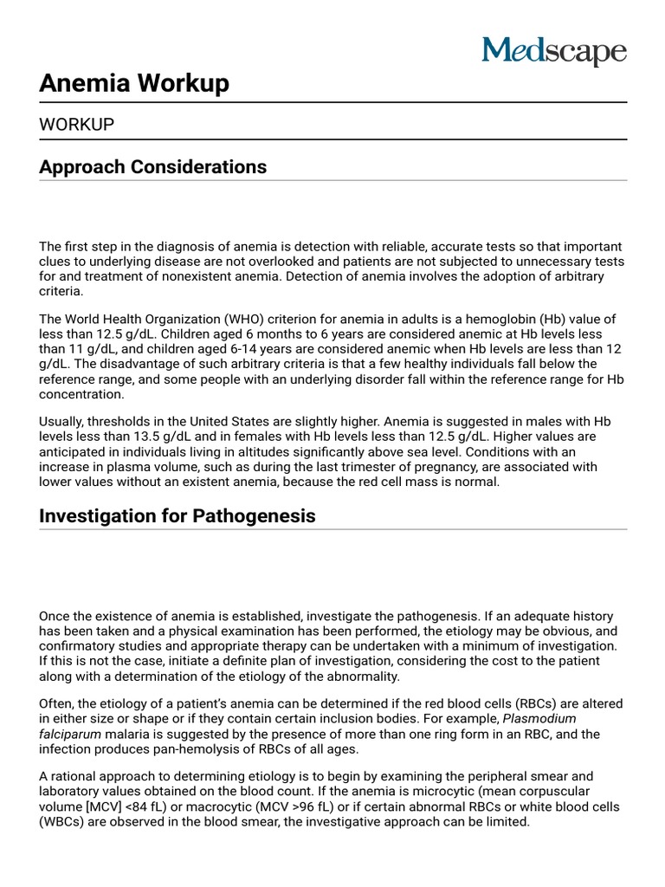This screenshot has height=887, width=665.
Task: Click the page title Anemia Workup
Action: (134, 83)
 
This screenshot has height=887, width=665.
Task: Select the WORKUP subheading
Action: (76, 125)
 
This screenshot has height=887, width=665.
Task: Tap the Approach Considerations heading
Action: (152, 166)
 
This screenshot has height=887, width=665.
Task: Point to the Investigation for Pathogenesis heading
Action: (177, 516)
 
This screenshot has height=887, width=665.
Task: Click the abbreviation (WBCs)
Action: (66, 821)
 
